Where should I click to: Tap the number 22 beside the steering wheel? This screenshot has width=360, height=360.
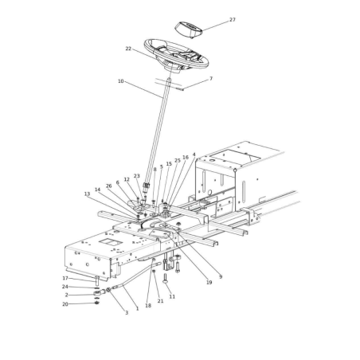pyautogui.click(x=128, y=49)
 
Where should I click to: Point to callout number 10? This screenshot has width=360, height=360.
pyautogui.click(x=121, y=81)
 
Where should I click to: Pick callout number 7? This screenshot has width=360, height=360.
pyautogui.click(x=211, y=79)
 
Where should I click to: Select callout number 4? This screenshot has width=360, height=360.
pyautogui.click(x=194, y=155)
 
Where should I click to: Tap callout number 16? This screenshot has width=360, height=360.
pyautogui.click(x=186, y=158)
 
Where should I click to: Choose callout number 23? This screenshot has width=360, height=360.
pyautogui.click(x=137, y=176)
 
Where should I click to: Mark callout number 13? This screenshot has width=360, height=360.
pyautogui.click(x=88, y=194)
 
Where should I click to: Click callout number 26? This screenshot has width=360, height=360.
pyautogui.click(x=109, y=186)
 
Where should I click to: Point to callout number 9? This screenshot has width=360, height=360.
pyautogui.click(x=221, y=276)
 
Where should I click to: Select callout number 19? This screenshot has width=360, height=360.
pyautogui.click(x=209, y=283)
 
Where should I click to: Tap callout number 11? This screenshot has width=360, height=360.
pyautogui.click(x=172, y=296)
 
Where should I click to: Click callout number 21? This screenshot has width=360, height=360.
pyautogui.click(x=160, y=301)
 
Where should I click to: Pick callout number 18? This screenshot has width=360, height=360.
pyautogui.click(x=148, y=305)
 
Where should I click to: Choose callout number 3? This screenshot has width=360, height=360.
pyautogui.click(x=126, y=312)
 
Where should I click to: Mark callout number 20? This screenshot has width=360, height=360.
pyautogui.click(x=65, y=304)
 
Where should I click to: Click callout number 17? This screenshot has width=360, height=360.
pyautogui.click(x=65, y=278)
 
